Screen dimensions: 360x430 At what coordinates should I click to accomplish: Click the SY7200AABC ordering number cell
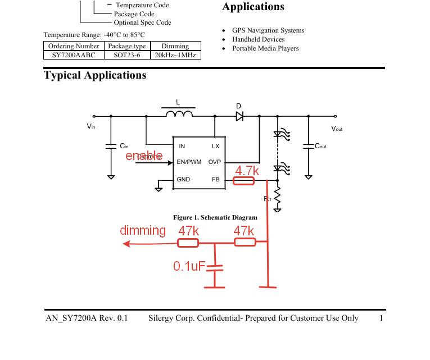coord(73,55)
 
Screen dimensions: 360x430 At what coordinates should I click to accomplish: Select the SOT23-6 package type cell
coord(127,55)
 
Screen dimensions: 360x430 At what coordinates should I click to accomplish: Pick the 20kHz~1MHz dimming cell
coord(175,55)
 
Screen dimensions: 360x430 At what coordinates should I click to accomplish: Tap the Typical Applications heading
coord(95,75)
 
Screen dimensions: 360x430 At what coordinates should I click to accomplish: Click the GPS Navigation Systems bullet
coord(268,30)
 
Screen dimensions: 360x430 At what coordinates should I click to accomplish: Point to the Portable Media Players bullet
coord(265,48)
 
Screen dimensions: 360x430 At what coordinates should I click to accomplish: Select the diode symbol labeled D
coord(239,116)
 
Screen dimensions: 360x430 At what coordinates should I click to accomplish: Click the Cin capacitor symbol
coord(111,147)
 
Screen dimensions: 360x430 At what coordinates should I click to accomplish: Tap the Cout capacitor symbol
coord(308,146)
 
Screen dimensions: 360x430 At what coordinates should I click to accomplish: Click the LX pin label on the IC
coord(216,147)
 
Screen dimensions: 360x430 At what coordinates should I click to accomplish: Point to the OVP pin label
coord(215,162)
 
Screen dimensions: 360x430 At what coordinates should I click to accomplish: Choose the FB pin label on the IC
coord(216,180)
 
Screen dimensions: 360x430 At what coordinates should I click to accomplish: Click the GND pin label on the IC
coord(183,180)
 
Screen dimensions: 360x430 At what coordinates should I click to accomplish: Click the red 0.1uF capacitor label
coord(189,266)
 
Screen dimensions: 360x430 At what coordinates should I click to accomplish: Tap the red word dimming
coord(143,230)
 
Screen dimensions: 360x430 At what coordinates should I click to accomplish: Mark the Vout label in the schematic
coord(337,129)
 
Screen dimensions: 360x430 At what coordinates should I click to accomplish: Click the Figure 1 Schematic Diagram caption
coord(215,217)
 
